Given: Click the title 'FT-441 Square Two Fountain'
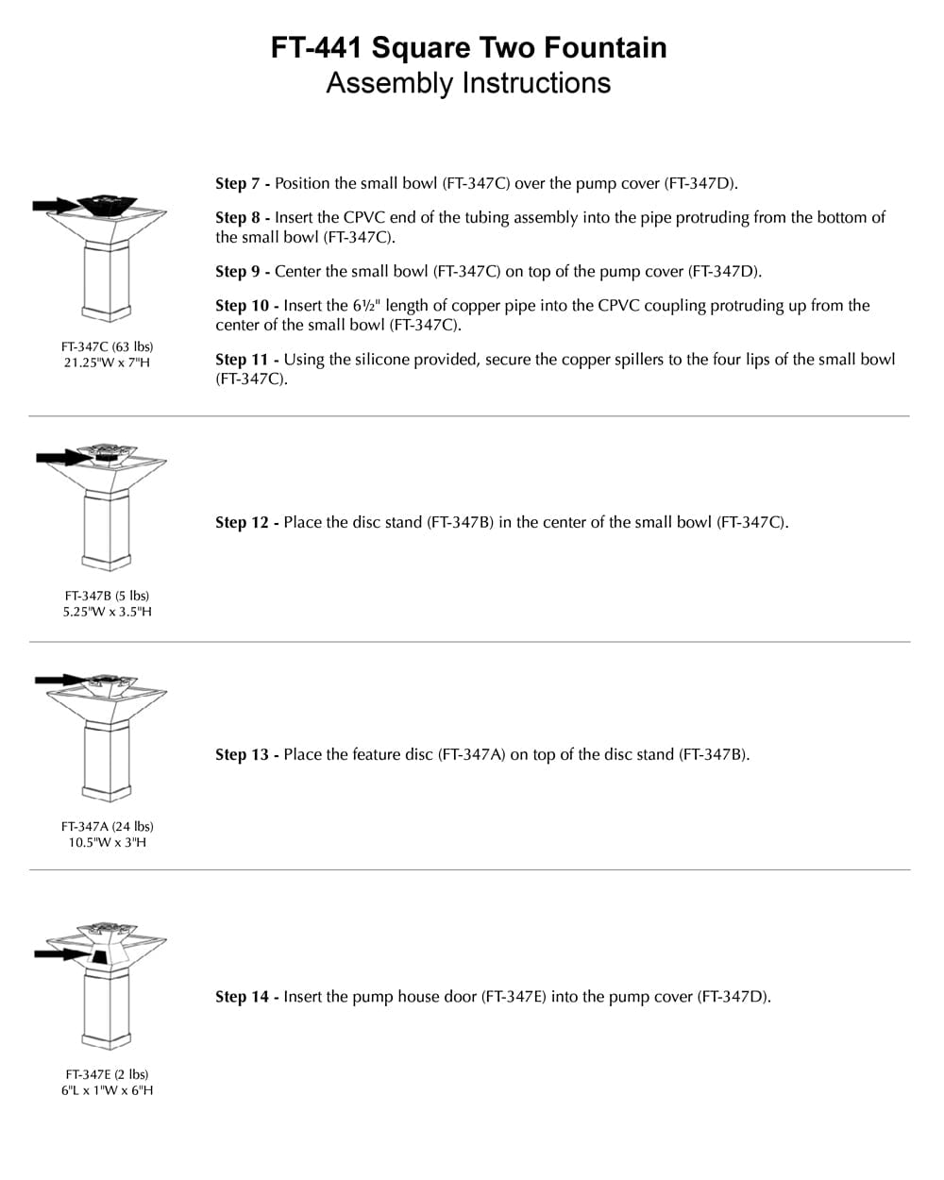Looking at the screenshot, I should (468, 47).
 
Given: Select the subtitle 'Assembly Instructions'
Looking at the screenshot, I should (468, 83).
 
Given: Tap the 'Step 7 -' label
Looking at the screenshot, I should (243, 183).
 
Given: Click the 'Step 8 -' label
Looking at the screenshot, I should (243, 217).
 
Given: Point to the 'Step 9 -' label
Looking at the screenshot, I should (243, 272).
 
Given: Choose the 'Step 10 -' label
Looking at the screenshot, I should (247, 306).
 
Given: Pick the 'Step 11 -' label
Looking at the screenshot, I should (247, 360).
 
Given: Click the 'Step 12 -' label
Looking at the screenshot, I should (247, 523).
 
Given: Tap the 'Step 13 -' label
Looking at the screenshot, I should (247, 755).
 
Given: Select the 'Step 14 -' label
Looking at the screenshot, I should (247, 997).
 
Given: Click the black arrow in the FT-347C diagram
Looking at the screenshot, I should (55, 205).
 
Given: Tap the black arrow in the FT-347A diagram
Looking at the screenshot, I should (59, 680).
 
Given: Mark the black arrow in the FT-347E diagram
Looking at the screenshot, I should (59, 954).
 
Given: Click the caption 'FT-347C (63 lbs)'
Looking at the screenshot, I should (107, 346).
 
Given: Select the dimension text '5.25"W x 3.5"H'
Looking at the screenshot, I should (107, 612).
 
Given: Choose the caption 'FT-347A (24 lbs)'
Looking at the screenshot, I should (107, 826).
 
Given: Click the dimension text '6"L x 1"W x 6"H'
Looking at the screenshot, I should (107, 1090).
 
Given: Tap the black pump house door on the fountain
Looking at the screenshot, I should (99, 956).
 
